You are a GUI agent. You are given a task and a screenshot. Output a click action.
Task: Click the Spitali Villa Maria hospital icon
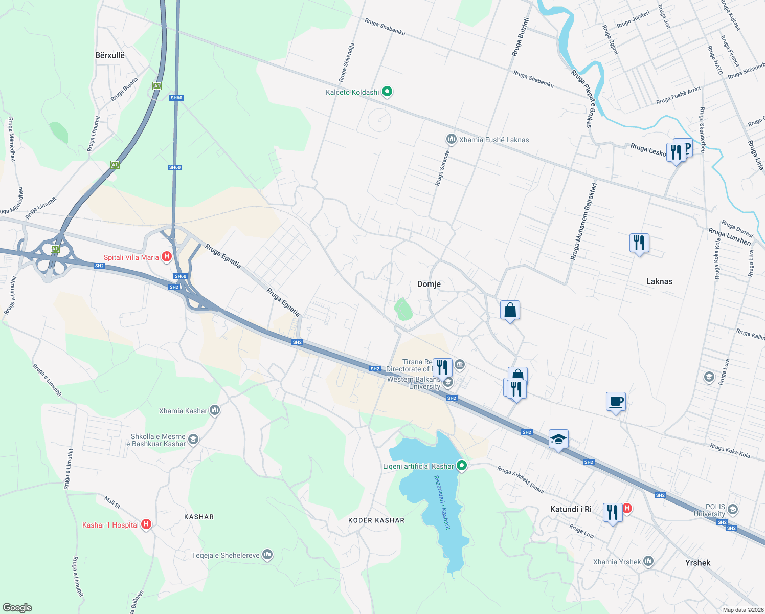tap(166, 257)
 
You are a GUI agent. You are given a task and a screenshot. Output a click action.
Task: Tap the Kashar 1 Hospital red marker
tap(146, 524)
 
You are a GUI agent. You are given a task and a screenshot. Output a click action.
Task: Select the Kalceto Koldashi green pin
tap(387, 92)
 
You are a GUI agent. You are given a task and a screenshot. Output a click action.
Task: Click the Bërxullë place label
tap(110, 55)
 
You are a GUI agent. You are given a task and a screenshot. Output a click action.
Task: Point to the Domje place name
tap(429, 284)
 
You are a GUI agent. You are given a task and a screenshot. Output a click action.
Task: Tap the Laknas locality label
tap(659, 281)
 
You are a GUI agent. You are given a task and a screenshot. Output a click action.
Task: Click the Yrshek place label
tap(697, 563)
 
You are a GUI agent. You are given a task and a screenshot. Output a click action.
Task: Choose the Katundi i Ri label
tap(571, 509)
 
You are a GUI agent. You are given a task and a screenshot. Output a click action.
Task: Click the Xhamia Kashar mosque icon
tap(215, 410)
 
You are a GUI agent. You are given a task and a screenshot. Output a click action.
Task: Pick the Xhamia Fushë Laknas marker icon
tap(451, 139)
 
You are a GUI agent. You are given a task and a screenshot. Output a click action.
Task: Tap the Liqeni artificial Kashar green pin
tap(462, 466)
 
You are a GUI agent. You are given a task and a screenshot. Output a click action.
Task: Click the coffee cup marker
tap(616, 402)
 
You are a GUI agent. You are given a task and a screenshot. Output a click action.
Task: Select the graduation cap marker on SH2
tap(558, 439)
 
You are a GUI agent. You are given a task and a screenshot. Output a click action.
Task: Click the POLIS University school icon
tap(732, 509)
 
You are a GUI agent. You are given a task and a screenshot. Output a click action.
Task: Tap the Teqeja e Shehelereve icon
tap(267, 555)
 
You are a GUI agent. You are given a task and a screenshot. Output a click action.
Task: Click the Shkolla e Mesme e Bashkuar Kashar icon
tap(193, 440)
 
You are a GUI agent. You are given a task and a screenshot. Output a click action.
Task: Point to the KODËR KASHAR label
tap(376, 520)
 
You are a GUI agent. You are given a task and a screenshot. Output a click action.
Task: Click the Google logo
tap(17, 608)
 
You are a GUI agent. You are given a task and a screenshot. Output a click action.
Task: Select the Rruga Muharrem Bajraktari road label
tap(584, 221)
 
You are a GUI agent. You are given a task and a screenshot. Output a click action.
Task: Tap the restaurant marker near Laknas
tap(639, 243)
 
